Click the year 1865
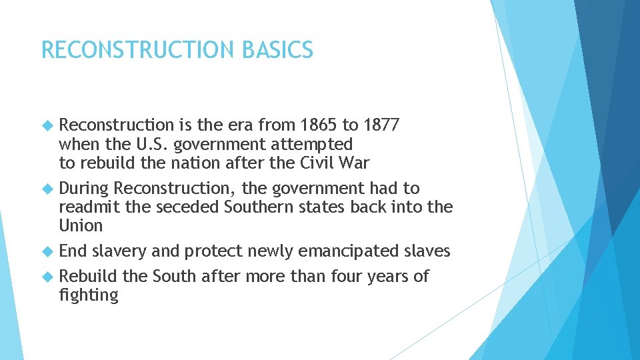(319, 125)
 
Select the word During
(83, 189)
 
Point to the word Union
(81, 226)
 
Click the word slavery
(119, 251)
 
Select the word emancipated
(349, 251)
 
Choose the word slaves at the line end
(427, 251)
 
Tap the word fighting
(88, 295)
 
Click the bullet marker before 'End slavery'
(46, 251)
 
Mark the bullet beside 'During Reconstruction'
(46, 189)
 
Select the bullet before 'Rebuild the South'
(46, 276)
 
